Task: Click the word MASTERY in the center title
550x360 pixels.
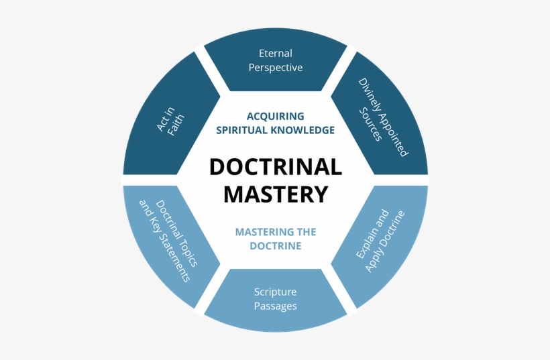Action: [275, 194]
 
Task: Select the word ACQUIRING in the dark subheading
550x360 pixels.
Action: [275, 116]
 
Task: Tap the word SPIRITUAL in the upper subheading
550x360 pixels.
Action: [241, 130]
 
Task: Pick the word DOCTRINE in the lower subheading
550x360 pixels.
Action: [275, 246]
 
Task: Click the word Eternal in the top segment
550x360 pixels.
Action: [275, 53]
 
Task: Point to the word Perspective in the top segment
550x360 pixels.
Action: [275, 68]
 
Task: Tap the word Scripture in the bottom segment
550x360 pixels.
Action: [275, 292]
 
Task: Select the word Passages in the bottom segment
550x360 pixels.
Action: [275, 306]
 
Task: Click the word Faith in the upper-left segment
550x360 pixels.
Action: [176, 125]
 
